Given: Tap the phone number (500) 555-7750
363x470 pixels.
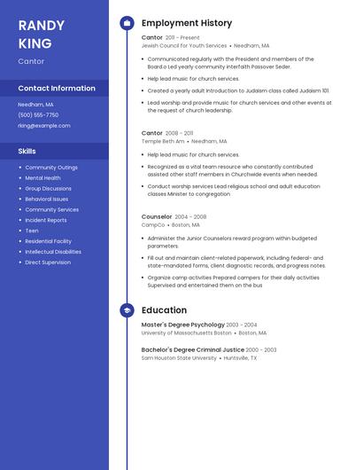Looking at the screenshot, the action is click(x=38, y=114).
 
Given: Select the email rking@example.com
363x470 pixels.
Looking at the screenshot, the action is click(x=42, y=125).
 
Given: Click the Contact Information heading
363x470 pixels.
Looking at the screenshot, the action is click(x=57, y=89).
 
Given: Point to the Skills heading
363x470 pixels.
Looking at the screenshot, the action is click(x=27, y=151).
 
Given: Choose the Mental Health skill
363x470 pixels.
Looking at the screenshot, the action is click(x=42, y=177).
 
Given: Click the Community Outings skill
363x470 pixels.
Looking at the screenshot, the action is click(x=51, y=167).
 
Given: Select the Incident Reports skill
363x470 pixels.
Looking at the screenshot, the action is click(x=46, y=220).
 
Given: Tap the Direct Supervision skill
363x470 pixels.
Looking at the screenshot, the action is click(x=48, y=262).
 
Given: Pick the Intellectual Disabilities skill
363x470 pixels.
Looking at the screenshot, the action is click(x=53, y=252).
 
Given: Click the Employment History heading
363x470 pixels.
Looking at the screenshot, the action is click(x=187, y=23).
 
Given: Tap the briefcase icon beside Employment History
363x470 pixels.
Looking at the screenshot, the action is click(x=127, y=23).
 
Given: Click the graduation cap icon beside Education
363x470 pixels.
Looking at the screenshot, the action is click(x=127, y=310).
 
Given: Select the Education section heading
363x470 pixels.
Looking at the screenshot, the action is click(x=164, y=310).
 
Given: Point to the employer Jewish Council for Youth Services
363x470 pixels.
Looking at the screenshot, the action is click(x=184, y=45).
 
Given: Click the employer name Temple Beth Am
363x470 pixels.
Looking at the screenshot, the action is click(x=163, y=140).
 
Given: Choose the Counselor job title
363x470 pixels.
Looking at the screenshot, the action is click(x=157, y=216).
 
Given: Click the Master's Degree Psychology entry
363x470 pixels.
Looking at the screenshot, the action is click(x=183, y=325).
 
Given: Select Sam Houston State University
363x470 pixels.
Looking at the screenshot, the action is click(x=179, y=358).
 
